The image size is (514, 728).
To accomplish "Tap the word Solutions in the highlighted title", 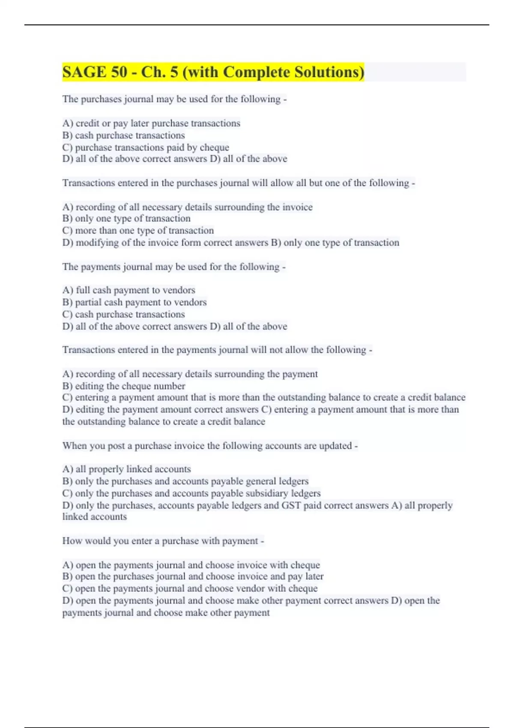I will point(329,72).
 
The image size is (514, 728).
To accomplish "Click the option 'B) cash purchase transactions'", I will point(123,135).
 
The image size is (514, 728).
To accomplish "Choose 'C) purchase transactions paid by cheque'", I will point(146,147).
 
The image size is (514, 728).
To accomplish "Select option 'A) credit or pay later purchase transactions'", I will point(151,123).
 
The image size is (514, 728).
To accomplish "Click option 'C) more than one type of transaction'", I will point(138,230).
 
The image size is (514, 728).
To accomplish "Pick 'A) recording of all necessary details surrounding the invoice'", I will point(187,207).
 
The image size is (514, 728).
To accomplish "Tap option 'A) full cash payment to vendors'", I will point(128,290).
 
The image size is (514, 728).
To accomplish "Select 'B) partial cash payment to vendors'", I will point(134,302).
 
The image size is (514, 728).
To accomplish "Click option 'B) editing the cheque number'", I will point(123,386).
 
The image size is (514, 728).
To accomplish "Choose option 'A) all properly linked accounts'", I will point(126,469).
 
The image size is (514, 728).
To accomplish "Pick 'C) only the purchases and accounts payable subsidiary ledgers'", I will point(191,493).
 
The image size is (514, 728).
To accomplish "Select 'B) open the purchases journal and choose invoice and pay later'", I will point(193,576).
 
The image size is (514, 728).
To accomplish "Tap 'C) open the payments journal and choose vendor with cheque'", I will point(190,588).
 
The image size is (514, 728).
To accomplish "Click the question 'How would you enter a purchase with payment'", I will point(163,541).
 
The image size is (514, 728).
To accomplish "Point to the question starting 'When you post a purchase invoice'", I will point(210,446).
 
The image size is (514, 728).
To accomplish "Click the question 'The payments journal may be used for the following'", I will point(173,267).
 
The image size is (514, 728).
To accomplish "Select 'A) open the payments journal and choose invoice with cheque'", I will point(191,565).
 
